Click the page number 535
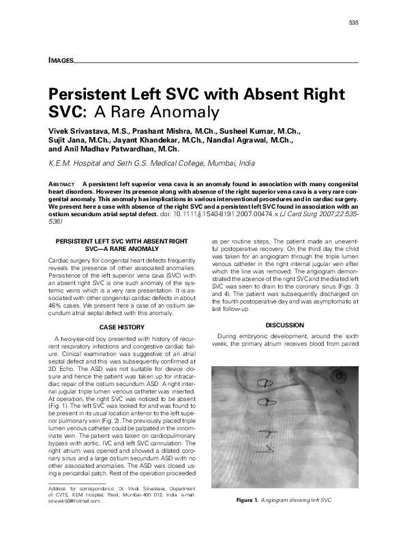coord(353,23)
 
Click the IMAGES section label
coord(61,61)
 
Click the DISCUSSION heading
coord(284,325)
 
